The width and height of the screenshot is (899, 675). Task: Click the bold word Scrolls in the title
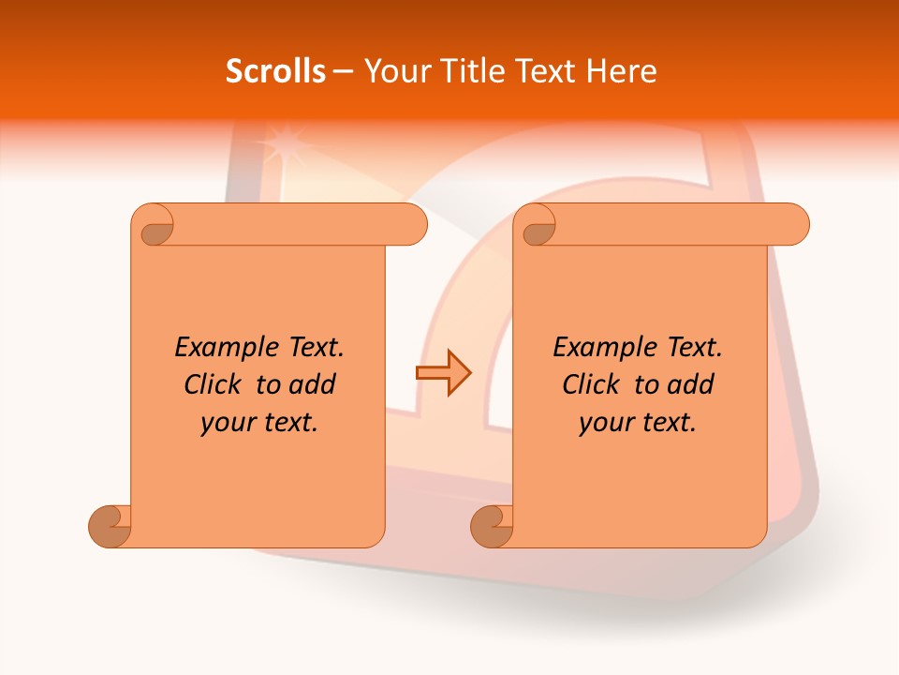[275, 71]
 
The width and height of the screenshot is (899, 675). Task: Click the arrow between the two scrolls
[443, 373]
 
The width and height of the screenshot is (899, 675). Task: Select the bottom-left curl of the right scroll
[493, 525]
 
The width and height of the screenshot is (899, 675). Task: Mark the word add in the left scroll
[314, 385]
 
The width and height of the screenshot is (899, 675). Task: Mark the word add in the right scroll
[692, 385]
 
